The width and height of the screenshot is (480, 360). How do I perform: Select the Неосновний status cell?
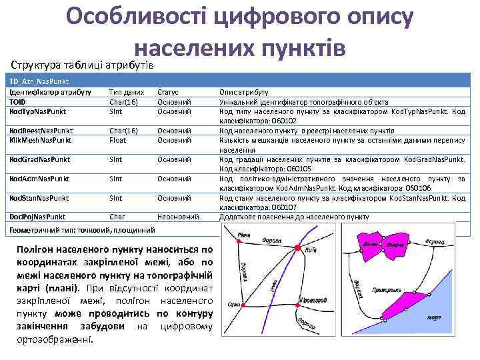178,217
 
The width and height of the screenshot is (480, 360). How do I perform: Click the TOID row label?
18,102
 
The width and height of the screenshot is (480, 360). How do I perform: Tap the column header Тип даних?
126,92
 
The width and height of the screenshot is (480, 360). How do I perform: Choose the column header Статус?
168,92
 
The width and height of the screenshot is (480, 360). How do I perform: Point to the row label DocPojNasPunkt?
37,217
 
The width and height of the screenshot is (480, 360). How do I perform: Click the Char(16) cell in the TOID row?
123,102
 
